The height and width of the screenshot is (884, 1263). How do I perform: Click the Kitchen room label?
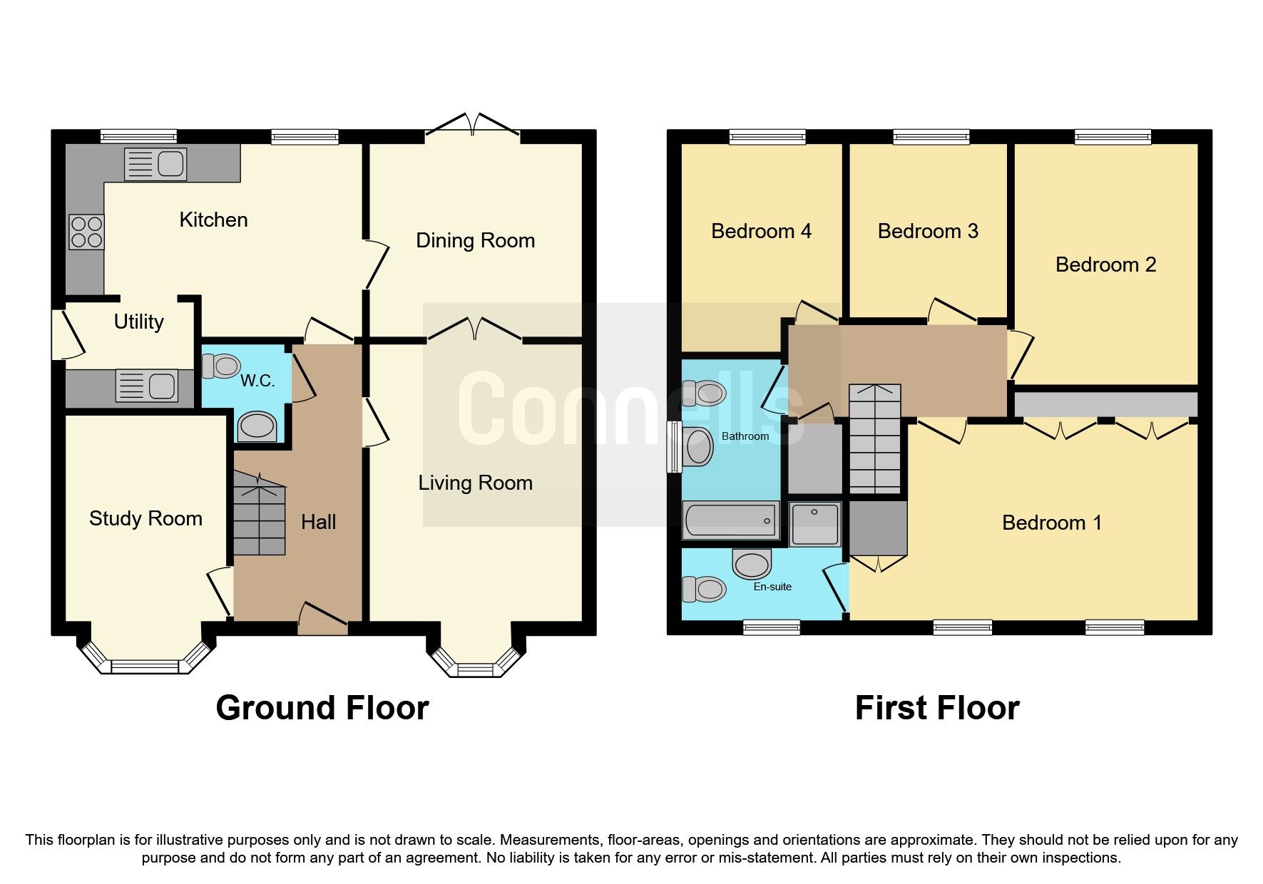(x=213, y=220)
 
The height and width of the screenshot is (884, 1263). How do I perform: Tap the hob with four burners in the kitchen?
(x=86, y=232)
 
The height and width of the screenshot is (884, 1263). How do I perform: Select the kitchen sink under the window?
(x=155, y=164)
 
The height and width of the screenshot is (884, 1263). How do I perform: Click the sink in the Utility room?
(x=147, y=386)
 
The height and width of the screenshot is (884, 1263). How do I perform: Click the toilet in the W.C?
(x=220, y=366)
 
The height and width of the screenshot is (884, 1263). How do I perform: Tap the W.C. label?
(x=257, y=381)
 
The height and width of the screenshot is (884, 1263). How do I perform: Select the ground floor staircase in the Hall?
(x=260, y=516)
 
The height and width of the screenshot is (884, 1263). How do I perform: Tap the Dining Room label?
(x=475, y=240)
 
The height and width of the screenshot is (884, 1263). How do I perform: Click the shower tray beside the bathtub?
(x=815, y=524)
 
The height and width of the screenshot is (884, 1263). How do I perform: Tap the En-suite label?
(x=772, y=587)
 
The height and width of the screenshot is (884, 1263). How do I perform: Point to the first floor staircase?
(x=874, y=439)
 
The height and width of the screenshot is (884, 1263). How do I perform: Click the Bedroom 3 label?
(x=927, y=231)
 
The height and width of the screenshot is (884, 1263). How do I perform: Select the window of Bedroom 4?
(x=767, y=136)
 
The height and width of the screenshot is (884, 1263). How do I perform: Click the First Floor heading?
(x=937, y=708)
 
